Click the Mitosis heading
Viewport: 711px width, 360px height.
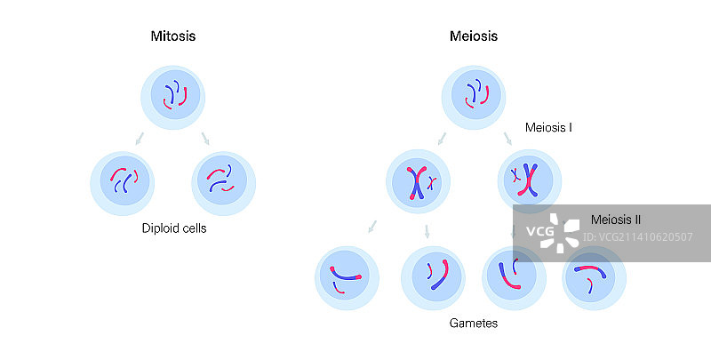[173, 36]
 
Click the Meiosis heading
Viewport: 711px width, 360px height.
[474, 36]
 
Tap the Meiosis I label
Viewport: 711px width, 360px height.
[548, 128]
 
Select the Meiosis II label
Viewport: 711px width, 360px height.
[616, 220]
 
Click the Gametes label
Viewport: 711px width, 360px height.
[474, 324]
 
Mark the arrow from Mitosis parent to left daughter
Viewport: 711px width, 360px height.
[138, 138]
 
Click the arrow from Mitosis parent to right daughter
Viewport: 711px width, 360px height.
[206, 138]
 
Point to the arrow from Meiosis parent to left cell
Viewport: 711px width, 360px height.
[442, 138]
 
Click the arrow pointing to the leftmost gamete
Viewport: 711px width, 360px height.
[372, 228]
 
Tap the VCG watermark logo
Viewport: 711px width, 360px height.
[540, 233]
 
